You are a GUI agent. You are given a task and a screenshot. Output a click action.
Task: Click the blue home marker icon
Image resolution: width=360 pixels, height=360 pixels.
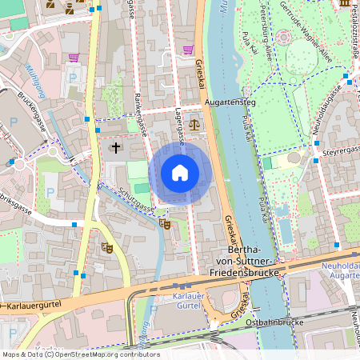[x=180, y=173]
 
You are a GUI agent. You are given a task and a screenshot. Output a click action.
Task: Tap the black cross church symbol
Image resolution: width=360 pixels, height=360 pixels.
[x=115, y=148]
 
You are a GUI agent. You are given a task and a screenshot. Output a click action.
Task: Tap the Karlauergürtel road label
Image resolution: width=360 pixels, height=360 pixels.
[x=36, y=306]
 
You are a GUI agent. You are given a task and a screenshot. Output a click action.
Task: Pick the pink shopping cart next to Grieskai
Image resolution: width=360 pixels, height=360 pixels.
[x=188, y=50]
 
